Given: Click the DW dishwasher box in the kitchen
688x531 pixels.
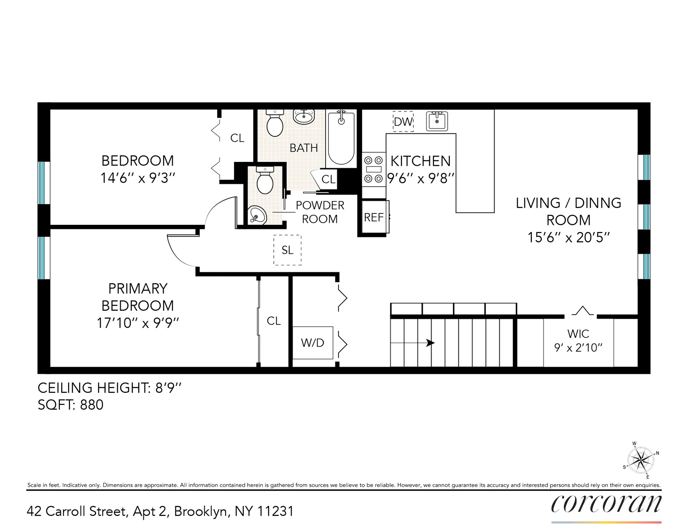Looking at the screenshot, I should [403, 121].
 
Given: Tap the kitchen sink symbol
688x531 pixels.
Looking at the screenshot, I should [437, 121].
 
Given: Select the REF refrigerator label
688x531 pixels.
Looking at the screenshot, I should [373, 217].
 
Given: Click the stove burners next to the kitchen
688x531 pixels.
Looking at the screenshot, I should [373, 169].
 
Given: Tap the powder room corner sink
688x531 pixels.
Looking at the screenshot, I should [257, 215].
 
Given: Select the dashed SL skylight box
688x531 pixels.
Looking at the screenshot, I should [287, 250].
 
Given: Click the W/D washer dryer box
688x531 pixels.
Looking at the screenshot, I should [312, 343].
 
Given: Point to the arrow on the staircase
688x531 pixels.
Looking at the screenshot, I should [430, 343].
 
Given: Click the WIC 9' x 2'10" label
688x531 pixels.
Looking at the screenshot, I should [578, 341].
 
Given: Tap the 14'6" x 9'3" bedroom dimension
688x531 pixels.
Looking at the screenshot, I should [138, 178].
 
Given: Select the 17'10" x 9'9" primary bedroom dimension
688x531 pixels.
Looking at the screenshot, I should [138, 323].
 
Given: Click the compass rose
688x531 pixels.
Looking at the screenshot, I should [641, 460].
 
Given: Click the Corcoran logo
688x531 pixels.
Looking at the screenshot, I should [606, 504].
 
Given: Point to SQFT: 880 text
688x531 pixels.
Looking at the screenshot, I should [71, 405].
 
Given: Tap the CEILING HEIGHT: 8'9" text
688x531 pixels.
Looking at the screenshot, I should [110, 388].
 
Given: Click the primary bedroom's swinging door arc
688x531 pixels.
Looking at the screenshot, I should [179, 252].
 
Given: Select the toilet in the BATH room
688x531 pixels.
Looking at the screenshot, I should [275, 124].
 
